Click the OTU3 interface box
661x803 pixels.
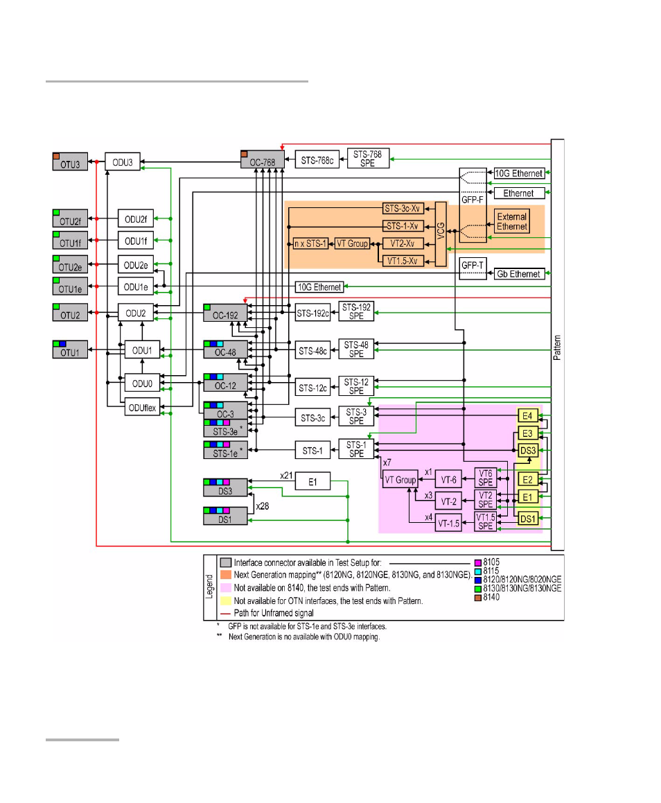[71, 162]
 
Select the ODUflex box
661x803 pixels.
[141, 408]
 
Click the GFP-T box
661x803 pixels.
[473, 268]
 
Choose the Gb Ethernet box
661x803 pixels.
[518, 274]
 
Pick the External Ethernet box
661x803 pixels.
[512, 222]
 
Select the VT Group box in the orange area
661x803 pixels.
[352, 243]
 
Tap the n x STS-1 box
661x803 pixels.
[310, 243]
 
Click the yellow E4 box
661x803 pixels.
[527, 416]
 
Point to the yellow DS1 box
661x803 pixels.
[527, 519]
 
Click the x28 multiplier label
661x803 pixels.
[263, 507]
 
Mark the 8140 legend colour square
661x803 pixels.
[477, 597]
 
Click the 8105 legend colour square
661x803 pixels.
[477, 562]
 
